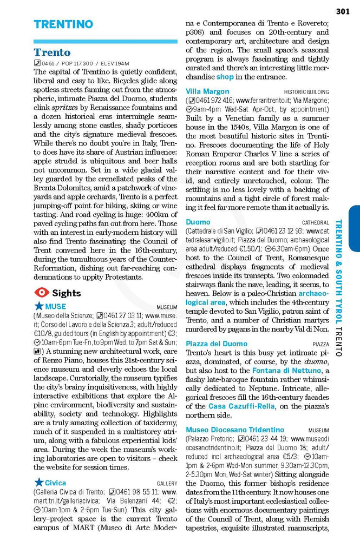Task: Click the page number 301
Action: click(x=343, y=11)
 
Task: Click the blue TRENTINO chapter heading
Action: click(x=63, y=24)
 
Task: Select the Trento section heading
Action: click(x=52, y=52)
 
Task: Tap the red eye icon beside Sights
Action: click(x=41, y=293)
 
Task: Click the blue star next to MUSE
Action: click(x=38, y=306)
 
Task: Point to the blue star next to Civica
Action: click(x=38, y=482)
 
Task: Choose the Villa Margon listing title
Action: click(x=207, y=91)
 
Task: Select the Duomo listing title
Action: click(x=198, y=222)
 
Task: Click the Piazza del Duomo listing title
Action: click(x=217, y=344)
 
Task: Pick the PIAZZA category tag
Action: click(x=320, y=344)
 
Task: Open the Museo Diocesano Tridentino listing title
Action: click(x=234, y=430)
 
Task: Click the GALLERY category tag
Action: click(x=167, y=483)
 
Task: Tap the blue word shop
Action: click(x=225, y=77)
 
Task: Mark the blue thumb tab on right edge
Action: click(x=354, y=228)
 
